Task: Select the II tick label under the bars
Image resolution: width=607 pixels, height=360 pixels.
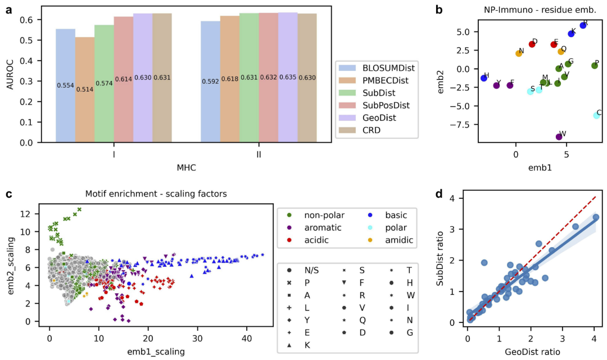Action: coord(259,154)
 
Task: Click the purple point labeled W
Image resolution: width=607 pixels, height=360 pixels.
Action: coord(559,136)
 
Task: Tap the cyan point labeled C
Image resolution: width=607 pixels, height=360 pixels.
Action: coord(596,115)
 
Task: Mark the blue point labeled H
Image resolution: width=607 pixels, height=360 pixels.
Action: coord(484,78)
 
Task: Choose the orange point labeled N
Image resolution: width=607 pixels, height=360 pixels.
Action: coord(519,53)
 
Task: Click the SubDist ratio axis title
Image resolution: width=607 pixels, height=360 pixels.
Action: coord(442,260)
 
